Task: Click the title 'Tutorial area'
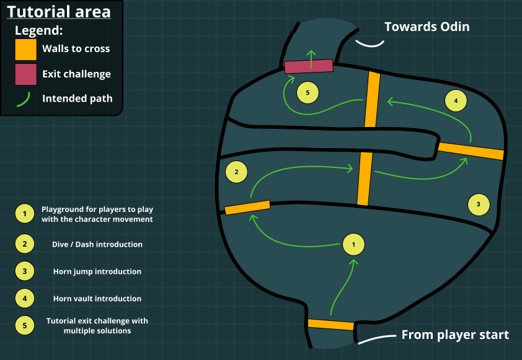[x=59, y=12]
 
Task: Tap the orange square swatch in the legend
[x=26, y=49]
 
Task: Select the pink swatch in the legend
[x=26, y=74]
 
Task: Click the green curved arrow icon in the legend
[x=24, y=99]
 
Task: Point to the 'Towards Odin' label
[x=427, y=27]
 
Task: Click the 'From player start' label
[x=455, y=335]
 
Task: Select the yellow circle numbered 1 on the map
[x=353, y=245]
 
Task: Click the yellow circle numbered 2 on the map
[x=236, y=172]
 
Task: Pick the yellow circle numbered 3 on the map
[x=478, y=204]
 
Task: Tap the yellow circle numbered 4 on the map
[x=456, y=100]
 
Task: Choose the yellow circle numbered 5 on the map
[x=307, y=93]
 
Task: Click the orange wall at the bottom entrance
[x=331, y=325]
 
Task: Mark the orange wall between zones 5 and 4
[x=372, y=100]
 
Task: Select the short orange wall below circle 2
[x=247, y=208]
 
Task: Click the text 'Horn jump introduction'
[x=97, y=271]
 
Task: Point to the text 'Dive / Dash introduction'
[x=97, y=244]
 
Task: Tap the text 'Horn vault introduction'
[x=97, y=299]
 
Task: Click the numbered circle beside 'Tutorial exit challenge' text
[x=24, y=325]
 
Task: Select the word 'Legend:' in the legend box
[x=39, y=30]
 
